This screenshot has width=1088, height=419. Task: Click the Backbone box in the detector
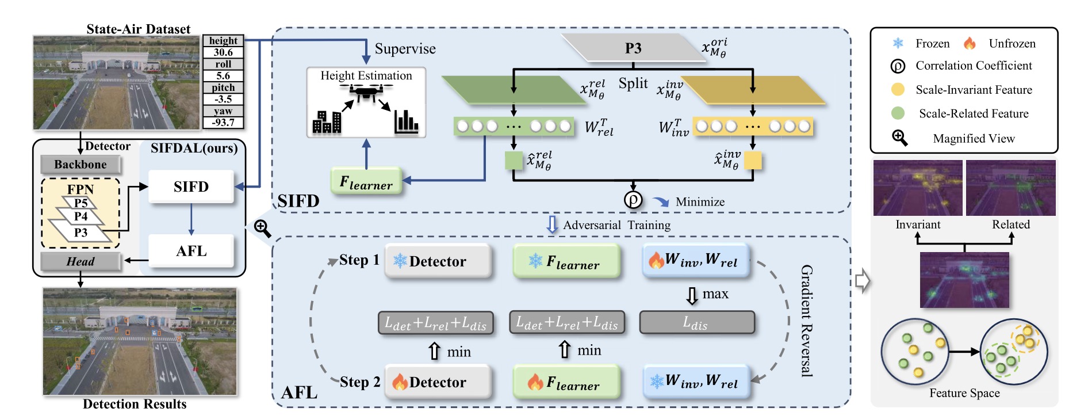click(x=81, y=165)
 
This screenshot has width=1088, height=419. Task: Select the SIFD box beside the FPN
click(x=191, y=186)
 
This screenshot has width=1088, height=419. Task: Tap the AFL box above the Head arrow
click(x=191, y=251)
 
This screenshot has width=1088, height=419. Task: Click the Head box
click(x=81, y=261)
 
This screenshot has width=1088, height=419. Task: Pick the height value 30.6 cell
click(x=223, y=52)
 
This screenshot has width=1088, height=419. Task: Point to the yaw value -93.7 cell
click(x=223, y=123)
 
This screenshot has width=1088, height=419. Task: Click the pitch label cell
click(x=223, y=87)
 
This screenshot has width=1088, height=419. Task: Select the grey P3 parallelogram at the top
click(x=633, y=48)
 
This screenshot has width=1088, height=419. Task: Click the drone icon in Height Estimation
click(x=366, y=92)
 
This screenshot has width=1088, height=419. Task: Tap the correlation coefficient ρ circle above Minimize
click(x=633, y=200)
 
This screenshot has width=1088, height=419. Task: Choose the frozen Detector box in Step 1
click(x=438, y=261)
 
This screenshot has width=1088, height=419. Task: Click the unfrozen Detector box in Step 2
click(x=438, y=382)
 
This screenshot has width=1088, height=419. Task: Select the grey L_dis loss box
click(x=696, y=323)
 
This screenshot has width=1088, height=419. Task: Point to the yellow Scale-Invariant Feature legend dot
click(x=898, y=90)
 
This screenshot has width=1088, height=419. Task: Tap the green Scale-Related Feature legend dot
click(x=898, y=113)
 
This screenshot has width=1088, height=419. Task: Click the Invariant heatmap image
click(x=917, y=188)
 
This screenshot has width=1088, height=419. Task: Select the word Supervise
click(x=405, y=49)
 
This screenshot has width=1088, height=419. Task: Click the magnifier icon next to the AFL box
click(x=263, y=228)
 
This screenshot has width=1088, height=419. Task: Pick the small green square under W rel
click(x=514, y=161)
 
